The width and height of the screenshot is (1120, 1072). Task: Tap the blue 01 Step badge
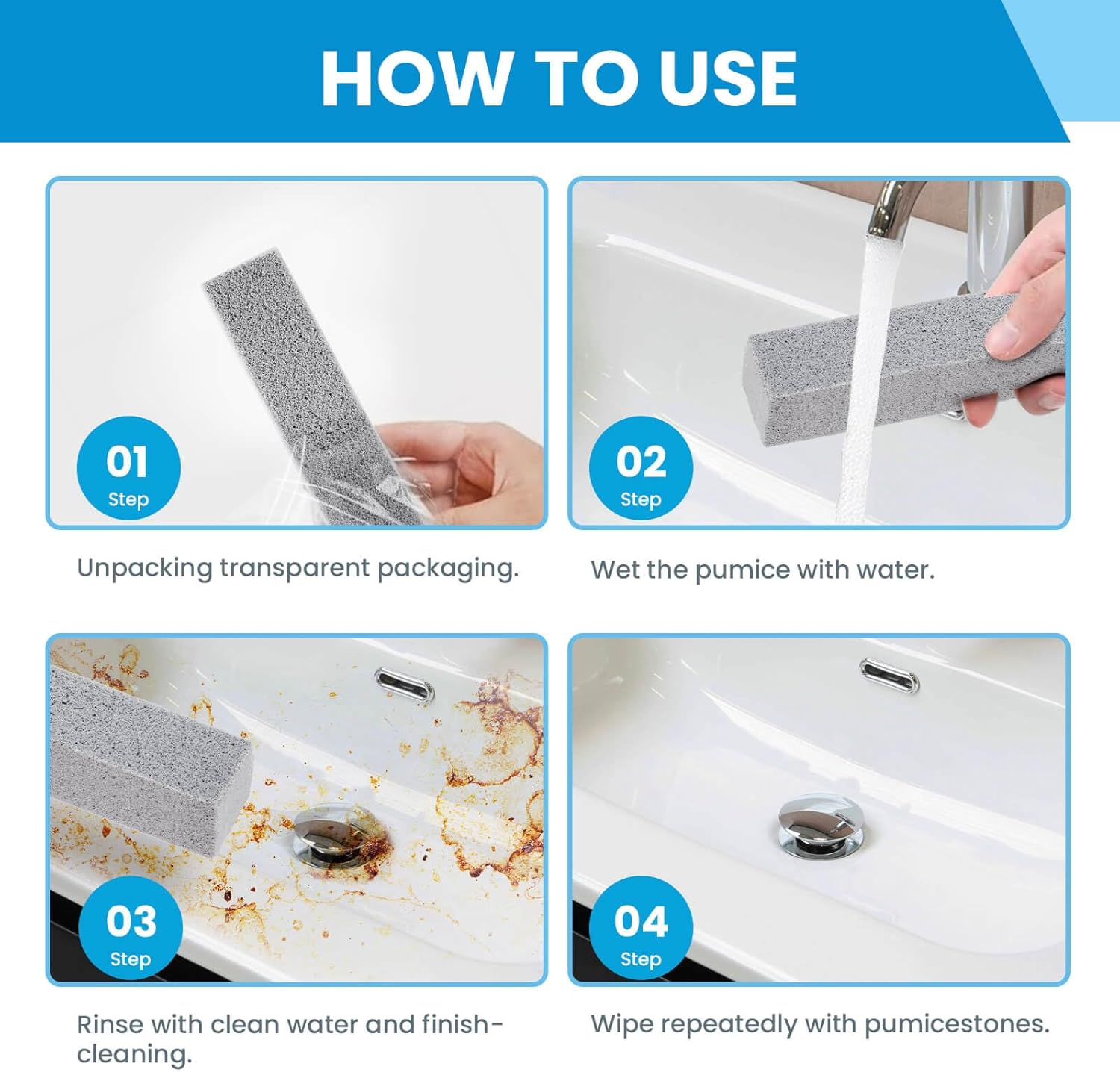coord(128,469)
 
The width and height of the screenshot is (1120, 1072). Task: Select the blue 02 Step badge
coord(641,469)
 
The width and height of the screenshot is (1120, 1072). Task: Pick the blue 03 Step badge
coord(131,928)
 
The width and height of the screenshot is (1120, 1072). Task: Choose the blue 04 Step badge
coord(641,928)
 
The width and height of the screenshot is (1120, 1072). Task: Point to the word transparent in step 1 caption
coord(294,569)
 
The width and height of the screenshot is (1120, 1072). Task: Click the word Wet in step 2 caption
coord(615,570)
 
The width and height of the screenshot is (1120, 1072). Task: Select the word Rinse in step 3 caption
coord(110,1024)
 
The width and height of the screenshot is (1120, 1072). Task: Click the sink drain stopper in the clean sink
coord(818,827)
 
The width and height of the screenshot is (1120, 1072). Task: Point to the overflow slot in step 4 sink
coord(889,675)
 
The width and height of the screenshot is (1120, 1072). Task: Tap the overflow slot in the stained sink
coord(403,685)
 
